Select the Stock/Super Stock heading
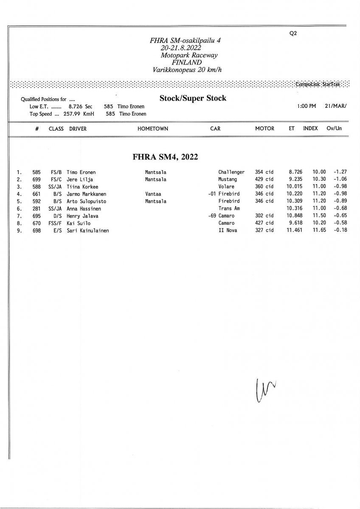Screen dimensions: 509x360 (x=193, y=98)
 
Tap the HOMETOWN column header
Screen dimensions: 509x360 (x=153, y=129)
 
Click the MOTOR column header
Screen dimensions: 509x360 (x=264, y=129)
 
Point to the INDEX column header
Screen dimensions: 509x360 (x=310, y=129)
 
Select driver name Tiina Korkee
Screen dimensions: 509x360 (x=82, y=187)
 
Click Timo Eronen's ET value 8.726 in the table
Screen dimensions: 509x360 (x=295, y=172)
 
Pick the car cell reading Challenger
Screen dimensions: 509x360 (x=231, y=172)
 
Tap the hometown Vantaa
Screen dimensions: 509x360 (x=152, y=194)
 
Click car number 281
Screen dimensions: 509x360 (x=36, y=209)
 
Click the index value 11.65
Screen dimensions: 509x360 (x=319, y=230)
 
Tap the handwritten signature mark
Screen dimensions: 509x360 (x=264, y=390)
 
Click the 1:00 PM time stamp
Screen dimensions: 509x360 (x=307, y=106)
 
